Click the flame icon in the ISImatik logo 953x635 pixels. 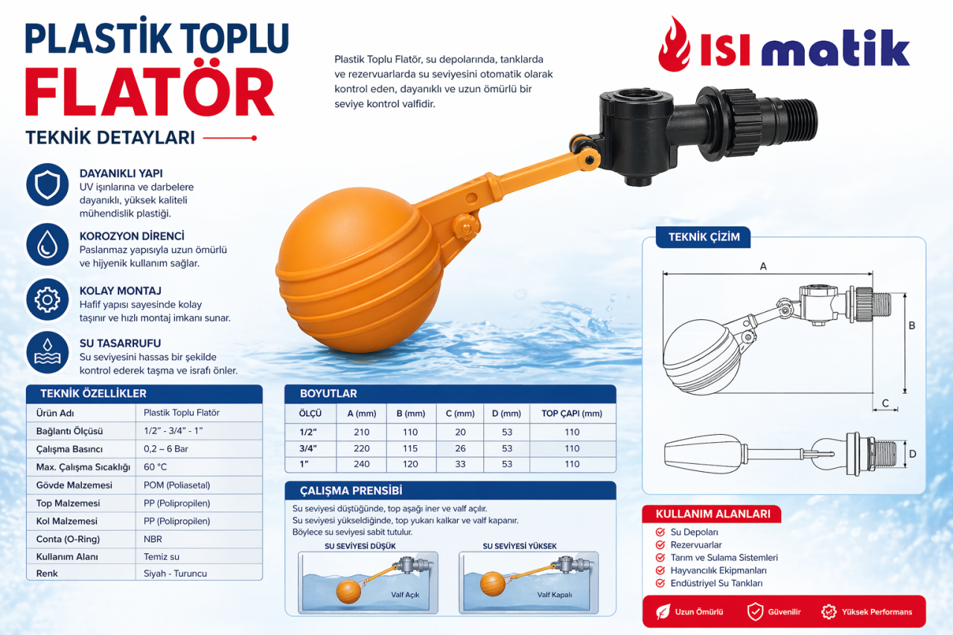(675, 45)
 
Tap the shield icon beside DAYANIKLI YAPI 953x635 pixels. (47, 185)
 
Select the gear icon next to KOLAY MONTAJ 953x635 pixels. (47, 299)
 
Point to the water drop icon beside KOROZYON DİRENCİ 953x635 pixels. (47, 245)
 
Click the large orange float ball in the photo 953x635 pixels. (360, 270)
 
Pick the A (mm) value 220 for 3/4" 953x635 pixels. (361, 448)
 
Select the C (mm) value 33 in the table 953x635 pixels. (460, 464)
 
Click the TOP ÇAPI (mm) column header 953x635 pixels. (572, 413)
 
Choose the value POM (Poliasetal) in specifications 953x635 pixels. (176, 485)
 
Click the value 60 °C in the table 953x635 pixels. (155, 467)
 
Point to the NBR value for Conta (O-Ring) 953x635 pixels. (153, 539)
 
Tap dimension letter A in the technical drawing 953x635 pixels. (763, 267)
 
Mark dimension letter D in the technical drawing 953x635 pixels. (912, 454)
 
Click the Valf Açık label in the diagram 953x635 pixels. (405, 595)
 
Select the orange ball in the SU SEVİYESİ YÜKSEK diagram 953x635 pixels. (493, 584)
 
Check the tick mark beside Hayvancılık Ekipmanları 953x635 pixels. (660, 570)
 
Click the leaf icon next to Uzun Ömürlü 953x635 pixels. (663, 612)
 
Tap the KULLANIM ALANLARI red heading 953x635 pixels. (713, 514)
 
